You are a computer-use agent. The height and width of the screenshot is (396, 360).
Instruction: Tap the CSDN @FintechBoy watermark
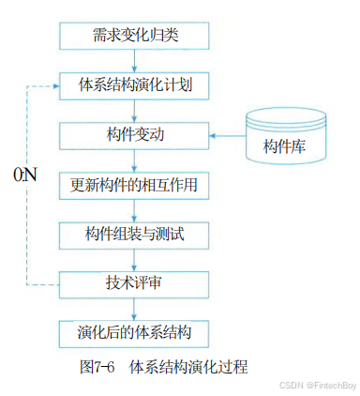[315, 384]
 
